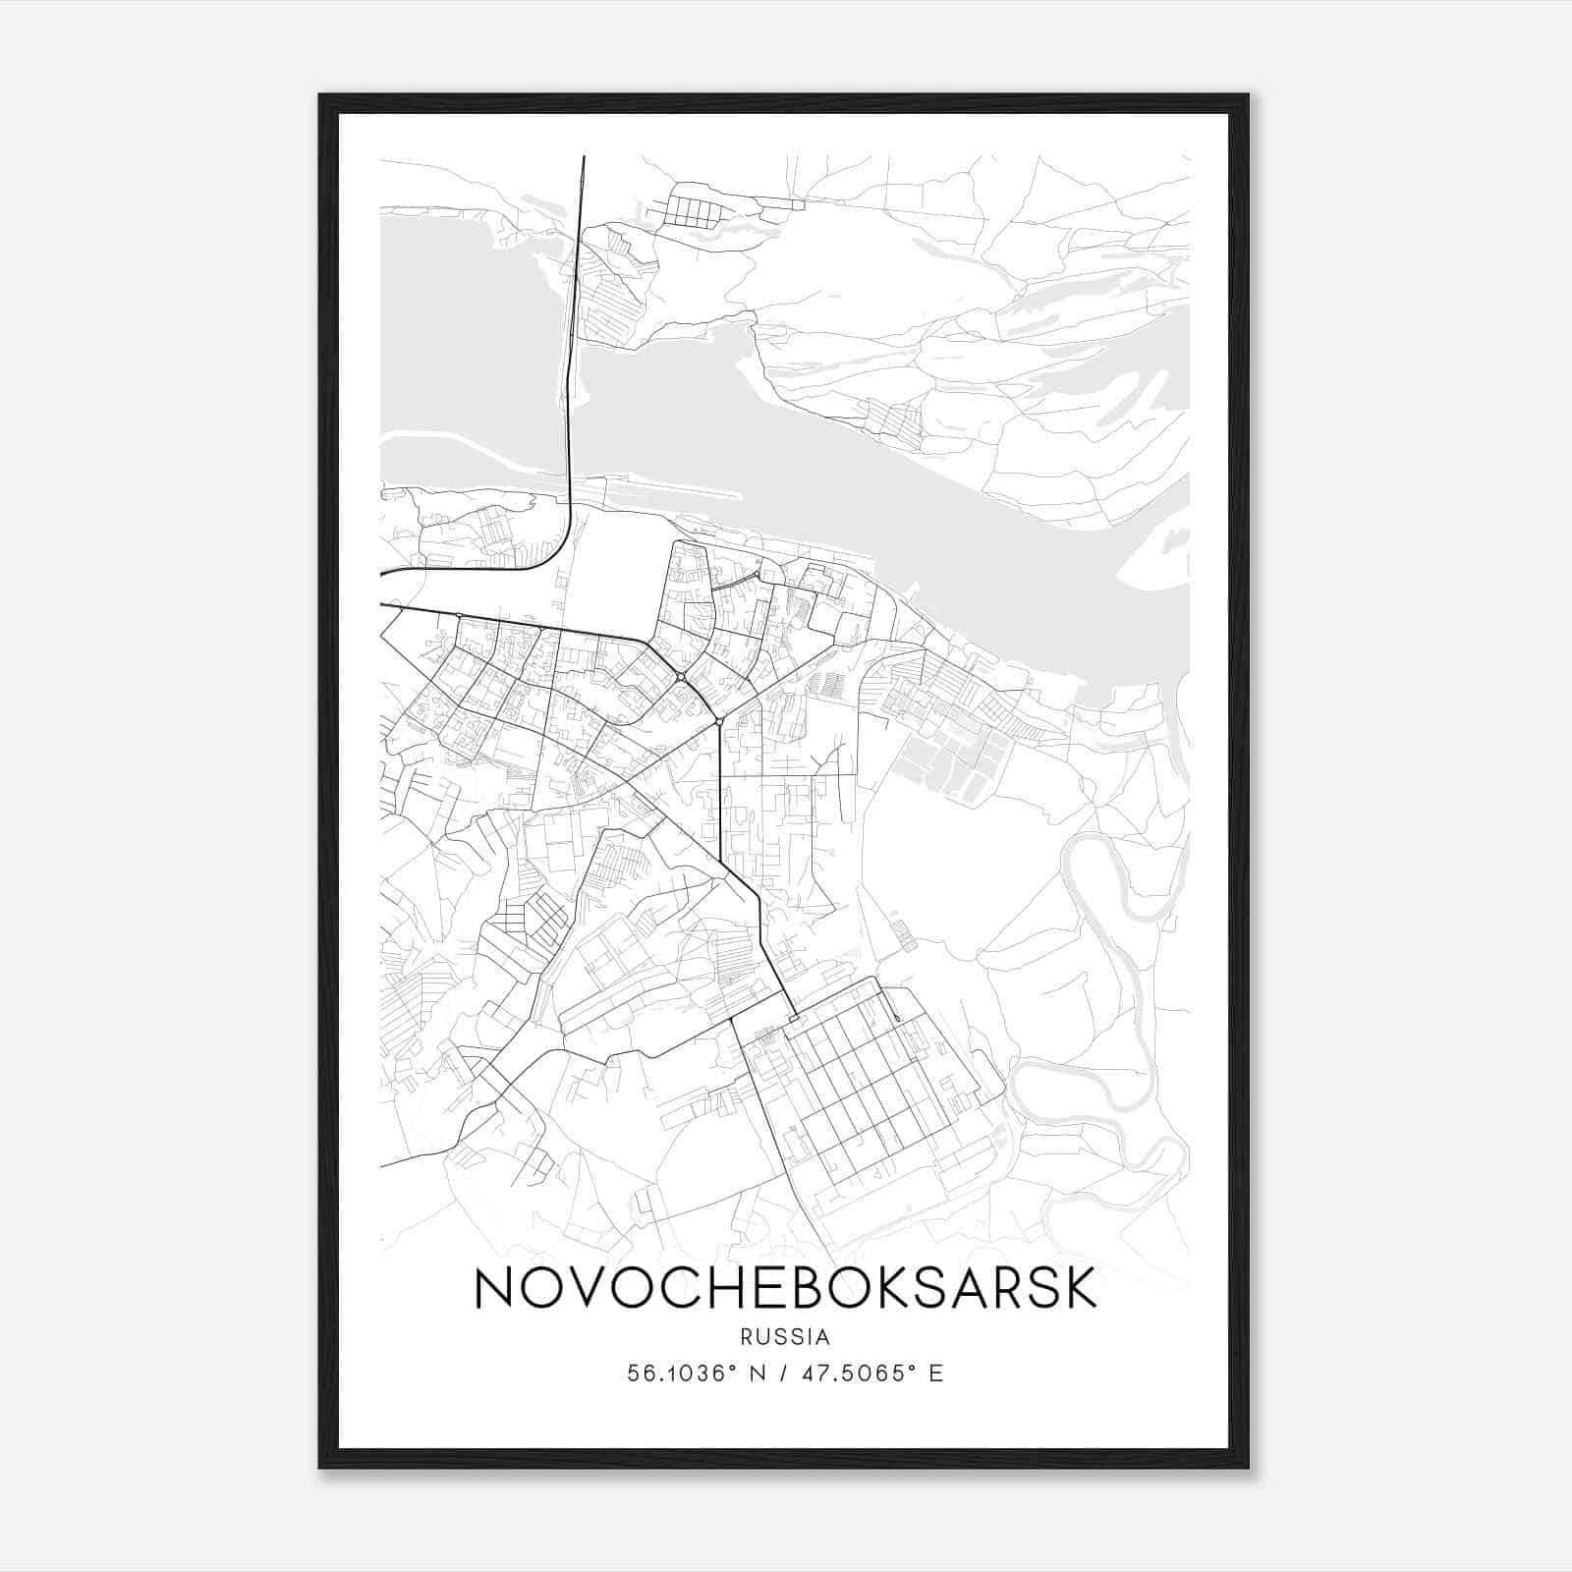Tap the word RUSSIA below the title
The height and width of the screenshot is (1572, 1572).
(785, 1337)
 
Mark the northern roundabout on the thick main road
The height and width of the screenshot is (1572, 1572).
(680, 677)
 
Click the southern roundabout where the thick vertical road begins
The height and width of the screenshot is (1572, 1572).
(720, 722)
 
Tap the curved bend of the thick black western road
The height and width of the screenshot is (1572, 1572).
(558, 550)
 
